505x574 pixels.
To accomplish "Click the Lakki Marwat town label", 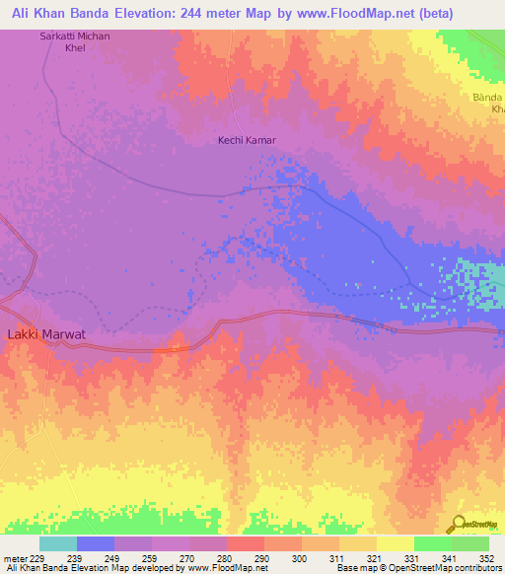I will click(x=46, y=334).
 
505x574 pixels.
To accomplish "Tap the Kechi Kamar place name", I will click(x=247, y=140).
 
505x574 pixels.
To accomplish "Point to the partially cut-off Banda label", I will click(x=487, y=104).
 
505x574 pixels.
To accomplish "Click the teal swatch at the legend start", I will click(x=58, y=543).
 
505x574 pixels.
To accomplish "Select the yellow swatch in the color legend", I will click(x=396, y=543).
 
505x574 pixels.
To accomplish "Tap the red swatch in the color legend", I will click(x=246, y=543).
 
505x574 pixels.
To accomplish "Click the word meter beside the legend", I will click(x=15, y=557).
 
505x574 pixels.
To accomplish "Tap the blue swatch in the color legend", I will click(x=96, y=543).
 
